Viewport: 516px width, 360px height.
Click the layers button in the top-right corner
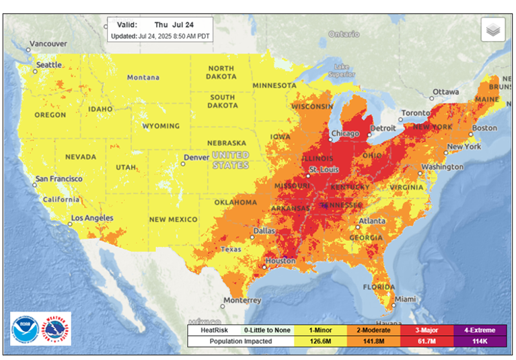point(493,30)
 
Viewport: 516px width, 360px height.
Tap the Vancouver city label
point(47,44)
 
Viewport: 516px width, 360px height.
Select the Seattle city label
point(49,65)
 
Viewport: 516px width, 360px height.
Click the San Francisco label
point(59,179)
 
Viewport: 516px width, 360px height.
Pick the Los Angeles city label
point(92,218)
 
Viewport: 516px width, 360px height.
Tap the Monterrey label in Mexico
point(242,300)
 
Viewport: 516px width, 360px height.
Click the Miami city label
point(404,299)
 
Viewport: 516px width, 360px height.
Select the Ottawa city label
point(445,92)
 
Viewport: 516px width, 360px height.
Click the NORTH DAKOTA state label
point(221,73)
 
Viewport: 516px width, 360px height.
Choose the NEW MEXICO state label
point(174,219)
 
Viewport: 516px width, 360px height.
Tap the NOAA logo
point(26,328)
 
